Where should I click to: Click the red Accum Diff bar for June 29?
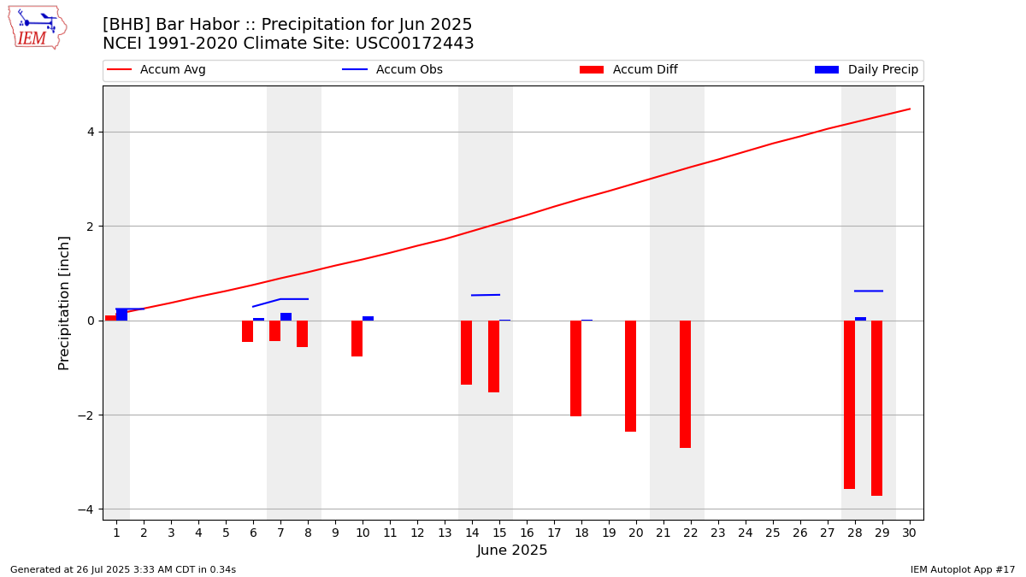coord(876,408)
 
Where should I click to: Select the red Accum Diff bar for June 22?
coord(685,384)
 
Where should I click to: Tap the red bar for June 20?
coord(630,376)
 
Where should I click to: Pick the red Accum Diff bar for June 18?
coord(575,368)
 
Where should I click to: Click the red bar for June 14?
coord(466,352)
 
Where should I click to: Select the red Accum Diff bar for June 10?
coord(357,339)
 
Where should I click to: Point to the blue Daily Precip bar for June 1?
coord(121,315)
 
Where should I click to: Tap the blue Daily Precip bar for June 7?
coord(286,317)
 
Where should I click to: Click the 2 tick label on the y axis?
coord(89,227)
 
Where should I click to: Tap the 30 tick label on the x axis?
coord(909,533)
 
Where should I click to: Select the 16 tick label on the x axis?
coord(527,533)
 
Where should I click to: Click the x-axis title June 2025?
coord(512,551)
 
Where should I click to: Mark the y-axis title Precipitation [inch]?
coord(65,303)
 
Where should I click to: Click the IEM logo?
coord(37,27)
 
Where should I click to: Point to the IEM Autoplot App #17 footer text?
coord(963,569)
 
